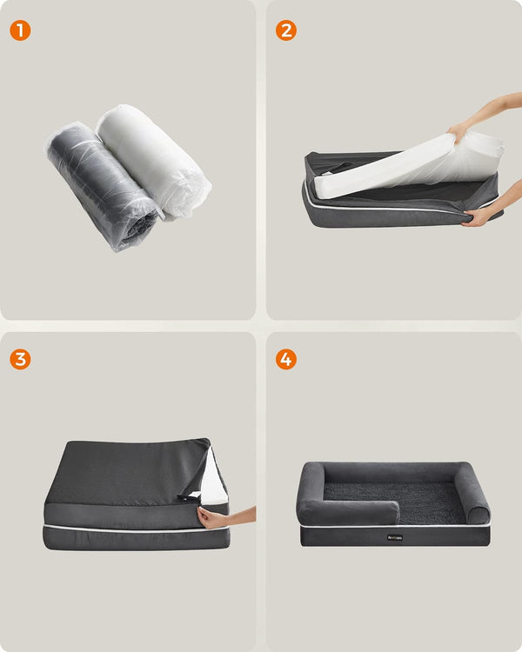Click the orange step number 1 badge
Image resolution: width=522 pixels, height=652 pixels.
click(20, 30)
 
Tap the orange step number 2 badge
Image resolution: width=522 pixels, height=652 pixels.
click(286, 30)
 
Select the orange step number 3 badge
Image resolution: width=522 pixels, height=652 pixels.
click(20, 359)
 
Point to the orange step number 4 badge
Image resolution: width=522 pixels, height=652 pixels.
click(286, 359)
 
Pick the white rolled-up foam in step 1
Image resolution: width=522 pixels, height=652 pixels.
click(152, 156)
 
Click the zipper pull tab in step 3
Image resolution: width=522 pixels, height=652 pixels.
click(189, 496)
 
